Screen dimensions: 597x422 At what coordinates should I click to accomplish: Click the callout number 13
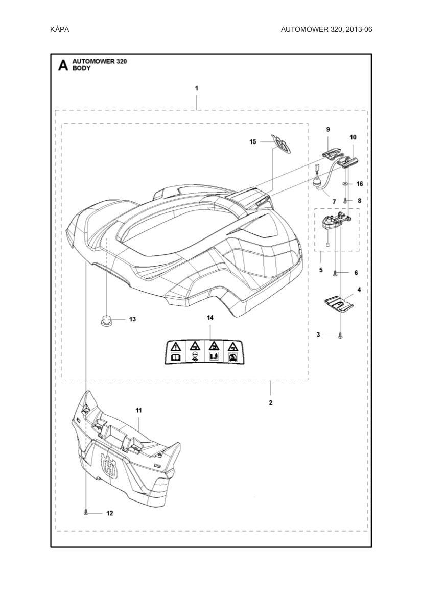[132, 319]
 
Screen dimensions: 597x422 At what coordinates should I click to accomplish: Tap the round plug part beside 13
[106, 321]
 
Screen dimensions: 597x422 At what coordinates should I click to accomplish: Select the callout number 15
[253, 141]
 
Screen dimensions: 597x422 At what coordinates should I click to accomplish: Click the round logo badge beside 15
[281, 144]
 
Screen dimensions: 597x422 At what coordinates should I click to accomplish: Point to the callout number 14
[210, 318]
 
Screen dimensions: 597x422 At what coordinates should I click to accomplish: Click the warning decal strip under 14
[202, 351]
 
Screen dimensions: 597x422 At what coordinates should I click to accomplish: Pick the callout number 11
[138, 410]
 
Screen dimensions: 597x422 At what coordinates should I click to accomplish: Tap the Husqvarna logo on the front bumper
[109, 466]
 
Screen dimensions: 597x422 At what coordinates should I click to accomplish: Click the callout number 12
[109, 512]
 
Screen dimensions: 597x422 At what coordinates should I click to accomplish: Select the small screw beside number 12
[86, 512]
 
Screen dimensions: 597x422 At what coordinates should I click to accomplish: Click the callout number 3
[318, 335]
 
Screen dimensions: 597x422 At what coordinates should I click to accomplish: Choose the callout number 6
[356, 273]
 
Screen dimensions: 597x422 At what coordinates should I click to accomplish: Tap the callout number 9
[328, 130]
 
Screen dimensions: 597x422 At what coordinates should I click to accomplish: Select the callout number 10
[353, 137]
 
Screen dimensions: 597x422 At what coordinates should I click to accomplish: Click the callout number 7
[334, 202]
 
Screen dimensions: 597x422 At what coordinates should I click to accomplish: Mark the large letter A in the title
[63, 65]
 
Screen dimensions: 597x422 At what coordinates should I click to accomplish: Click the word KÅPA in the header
[60, 29]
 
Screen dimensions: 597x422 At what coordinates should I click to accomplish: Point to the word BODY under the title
[81, 68]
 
